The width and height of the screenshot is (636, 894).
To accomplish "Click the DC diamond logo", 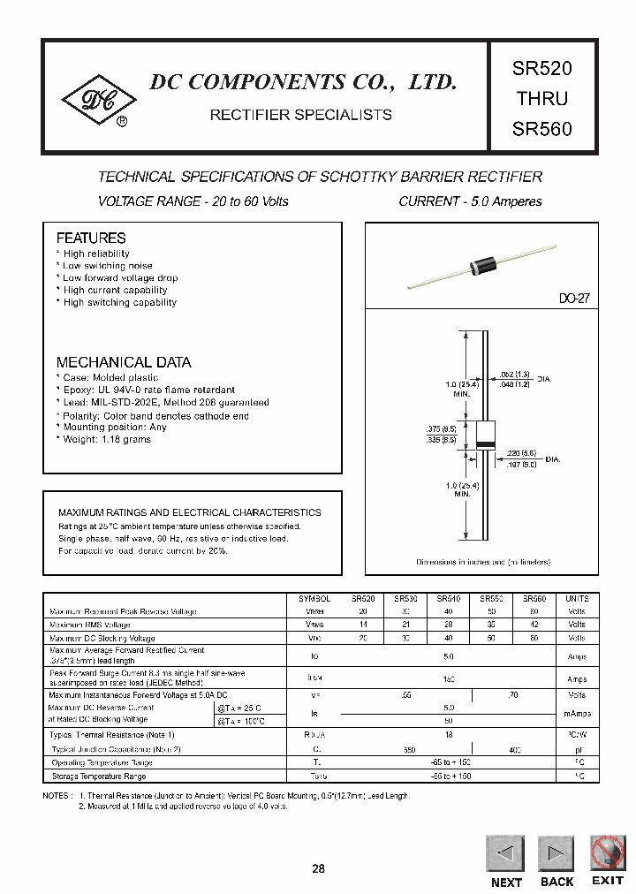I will (x=97, y=102).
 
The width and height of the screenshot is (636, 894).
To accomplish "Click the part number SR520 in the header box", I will (x=542, y=67).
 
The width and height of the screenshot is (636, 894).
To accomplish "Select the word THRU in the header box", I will (x=542, y=98).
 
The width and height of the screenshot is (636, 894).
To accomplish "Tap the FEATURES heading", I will (x=91, y=239).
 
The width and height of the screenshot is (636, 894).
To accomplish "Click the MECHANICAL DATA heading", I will (x=123, y=362).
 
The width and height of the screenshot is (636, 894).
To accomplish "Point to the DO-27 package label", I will (x=573, y=299).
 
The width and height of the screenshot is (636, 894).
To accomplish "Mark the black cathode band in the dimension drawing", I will (x=485, y=442).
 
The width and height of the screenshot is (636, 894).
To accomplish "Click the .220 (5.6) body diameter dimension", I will (x=521, y=451).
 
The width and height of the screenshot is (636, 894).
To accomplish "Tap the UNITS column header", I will (x=576, y=599).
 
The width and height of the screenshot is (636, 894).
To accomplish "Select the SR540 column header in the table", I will (x=447, y=599).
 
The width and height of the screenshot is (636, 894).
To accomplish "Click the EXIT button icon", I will (x=608, y=853).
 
